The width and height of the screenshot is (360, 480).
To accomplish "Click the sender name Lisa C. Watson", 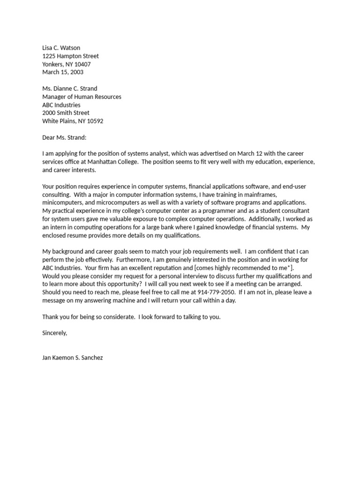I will click(61, 48).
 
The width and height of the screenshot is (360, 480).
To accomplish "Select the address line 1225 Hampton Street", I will click(70, 56).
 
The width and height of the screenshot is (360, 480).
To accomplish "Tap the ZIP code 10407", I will click(82, 64).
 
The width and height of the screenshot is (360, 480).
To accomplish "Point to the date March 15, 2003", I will click(63, 72).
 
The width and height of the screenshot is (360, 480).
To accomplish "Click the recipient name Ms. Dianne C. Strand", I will click(70, 89).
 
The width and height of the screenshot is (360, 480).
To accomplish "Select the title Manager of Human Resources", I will click(82, 97).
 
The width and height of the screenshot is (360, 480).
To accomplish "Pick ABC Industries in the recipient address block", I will click(61, 105).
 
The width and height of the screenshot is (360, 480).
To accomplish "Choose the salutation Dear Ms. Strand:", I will click(65, 137).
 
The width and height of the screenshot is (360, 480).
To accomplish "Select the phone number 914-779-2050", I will click(216, 292).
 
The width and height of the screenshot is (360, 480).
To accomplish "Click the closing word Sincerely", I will click(55, 333).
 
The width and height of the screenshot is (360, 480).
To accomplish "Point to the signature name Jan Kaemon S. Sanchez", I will click(72, 358).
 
